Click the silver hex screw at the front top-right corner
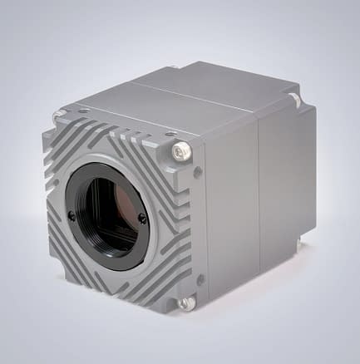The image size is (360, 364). click(182, 150)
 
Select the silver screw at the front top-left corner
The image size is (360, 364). click(58, 116)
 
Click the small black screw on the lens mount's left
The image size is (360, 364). click(72, 215)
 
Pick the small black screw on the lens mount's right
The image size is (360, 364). click(142, 219)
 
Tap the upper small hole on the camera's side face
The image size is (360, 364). click(198, 172)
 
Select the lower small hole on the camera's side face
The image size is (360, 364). click(200, 279)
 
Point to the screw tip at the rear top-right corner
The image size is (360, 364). click(295, 100)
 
